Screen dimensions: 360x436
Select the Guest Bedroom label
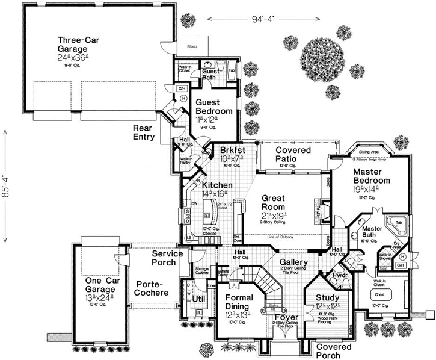pyautogui.click(x=214, y=107)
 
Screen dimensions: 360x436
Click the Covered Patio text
pyautogui.click(x=293, y=154)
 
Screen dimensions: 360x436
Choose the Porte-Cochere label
pyautogui.click(x=153, y=288)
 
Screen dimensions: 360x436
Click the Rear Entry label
pyautogui.click(x=144, y=132)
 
